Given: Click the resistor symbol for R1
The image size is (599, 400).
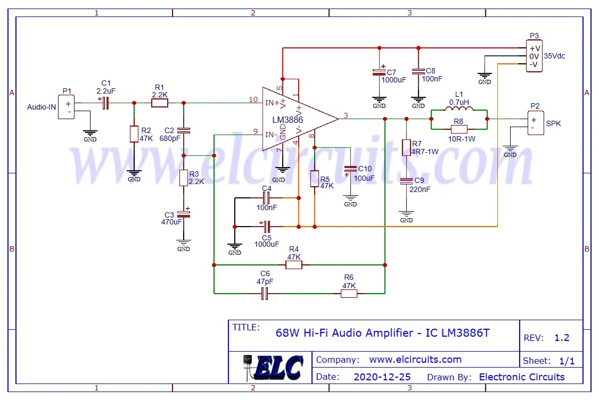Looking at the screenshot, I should tap(159, 103).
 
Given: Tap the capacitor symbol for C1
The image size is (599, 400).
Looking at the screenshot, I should tap(105, 103).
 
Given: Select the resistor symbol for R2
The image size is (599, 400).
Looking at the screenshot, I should tap(134, 134).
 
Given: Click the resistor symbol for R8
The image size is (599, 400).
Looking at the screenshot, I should tap(458, 129).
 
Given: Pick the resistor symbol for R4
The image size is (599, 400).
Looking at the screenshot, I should tap(293, 264).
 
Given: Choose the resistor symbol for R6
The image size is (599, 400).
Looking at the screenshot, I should tap(349, 293).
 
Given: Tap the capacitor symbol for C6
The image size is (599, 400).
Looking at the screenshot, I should tap(265, 293).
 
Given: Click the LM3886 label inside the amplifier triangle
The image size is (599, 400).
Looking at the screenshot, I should tap(288, 120).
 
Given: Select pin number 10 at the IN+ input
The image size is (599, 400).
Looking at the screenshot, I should tap(253, 99).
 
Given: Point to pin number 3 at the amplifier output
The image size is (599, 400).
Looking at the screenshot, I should tap(346, 115).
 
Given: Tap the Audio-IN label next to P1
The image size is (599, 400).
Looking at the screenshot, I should tap(42, 107).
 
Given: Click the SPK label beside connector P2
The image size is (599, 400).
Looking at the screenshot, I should tap(553, 123).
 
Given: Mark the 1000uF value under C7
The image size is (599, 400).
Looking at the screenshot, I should tap(393, 80).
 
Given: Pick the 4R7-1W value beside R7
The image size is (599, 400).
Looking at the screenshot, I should tap(425, 152).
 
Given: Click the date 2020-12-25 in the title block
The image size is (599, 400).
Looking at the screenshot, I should tap(382, 377).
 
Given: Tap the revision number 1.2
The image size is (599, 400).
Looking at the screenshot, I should tap(562, 338).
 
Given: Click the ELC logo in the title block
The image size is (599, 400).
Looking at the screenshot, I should tap(274, 367).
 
